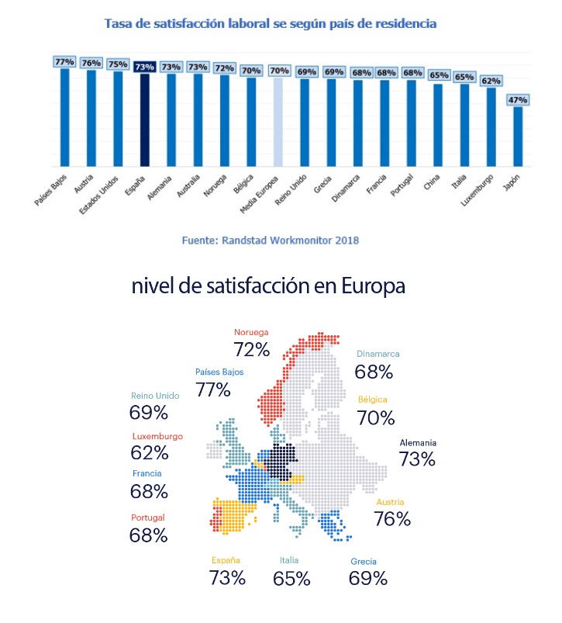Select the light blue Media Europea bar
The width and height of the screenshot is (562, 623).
[x=279, y=122]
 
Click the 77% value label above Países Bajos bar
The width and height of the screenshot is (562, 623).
[x=64, y=61]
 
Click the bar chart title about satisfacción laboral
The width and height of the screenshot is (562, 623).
[x=271, y=24]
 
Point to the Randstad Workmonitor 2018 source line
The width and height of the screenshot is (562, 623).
[x=270, y=241]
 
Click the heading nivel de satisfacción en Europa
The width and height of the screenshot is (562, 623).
[x=280, y=286]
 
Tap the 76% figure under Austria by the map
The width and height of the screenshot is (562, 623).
[x=392, y=519]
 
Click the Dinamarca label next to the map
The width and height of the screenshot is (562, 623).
[x=378, y=354]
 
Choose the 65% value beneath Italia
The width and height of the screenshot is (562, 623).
[x=291, y=578]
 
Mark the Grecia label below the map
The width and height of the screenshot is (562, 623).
[x=364, y=561]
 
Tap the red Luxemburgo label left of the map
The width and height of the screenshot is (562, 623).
[x=157, y=436]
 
